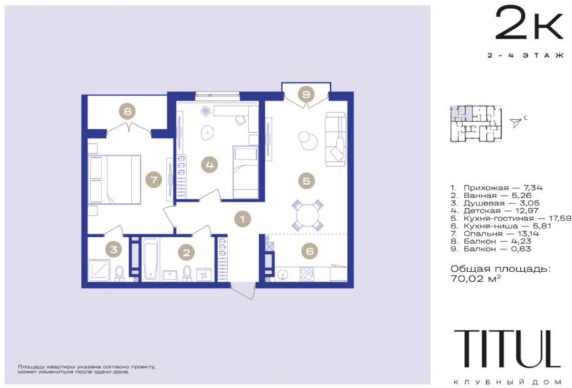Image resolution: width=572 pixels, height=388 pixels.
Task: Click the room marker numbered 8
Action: pyautogui.click(x=127, y=111)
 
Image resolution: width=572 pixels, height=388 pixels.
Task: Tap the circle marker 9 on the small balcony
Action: pyautogui.click(x=306, y=94)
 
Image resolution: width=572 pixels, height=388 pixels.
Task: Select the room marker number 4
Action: pyautogui.click(x=210, y=165)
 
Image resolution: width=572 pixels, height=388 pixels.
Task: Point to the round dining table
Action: pyautogui.click(x=307, y=216)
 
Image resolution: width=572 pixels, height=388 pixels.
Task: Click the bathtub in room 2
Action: pyautogui.click(x=150, y=259)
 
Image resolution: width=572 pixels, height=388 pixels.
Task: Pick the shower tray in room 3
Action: pyautogui.click(x=99, y=270)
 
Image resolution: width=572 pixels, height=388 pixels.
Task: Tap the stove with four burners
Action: pyautogui.click(x=307, y=274)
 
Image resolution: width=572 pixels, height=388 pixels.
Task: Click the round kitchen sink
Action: pyautogui.click(x=282, y=274)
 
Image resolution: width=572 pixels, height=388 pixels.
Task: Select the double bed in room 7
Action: pyautogui.click(x=115, y=179)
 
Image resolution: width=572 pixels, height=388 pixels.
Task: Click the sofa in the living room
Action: pyautogui.click(x=335, y=139)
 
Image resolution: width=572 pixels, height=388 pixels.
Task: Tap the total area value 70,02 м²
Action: pyautogui.click(x=475, y=279)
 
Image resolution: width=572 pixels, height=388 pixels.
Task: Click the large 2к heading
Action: pyautogui.click(x=529, y=23)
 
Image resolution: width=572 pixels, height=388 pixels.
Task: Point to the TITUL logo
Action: pyautogui.click(x=507, y=349)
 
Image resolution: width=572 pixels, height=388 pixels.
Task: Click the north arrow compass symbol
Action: pyautogui.click(x=516, y=123)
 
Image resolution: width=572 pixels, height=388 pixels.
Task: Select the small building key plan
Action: pyautogui.click(x=476, y=124)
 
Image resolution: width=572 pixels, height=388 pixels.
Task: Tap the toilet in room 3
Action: pyautogui.click(x=120, y=273)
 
